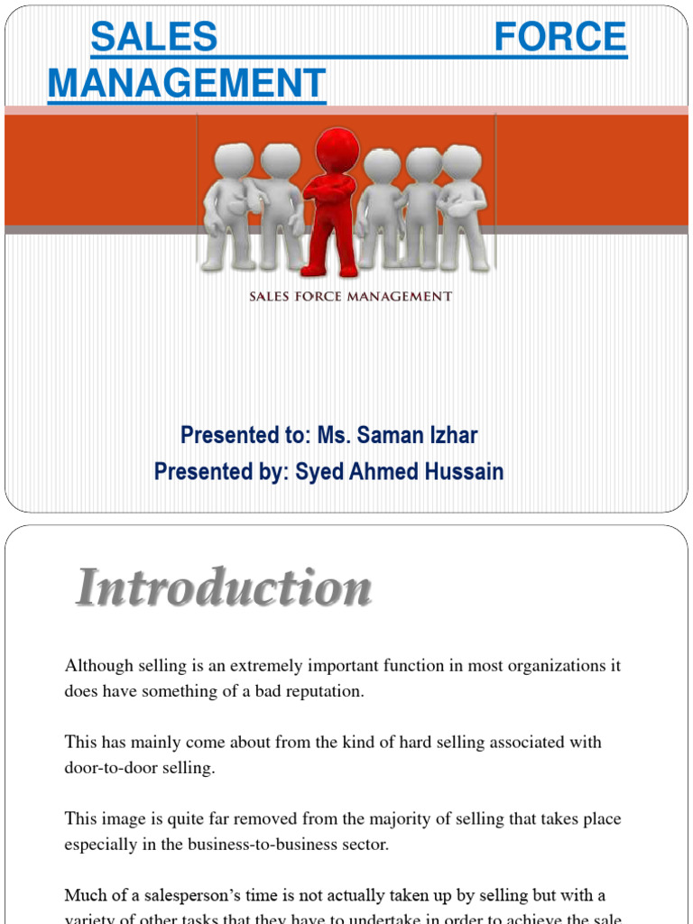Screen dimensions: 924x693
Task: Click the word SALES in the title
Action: [x=154, y=37]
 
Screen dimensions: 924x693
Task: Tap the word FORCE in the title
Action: [x=560, y=37]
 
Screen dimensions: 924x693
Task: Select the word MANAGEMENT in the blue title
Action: [x=186, y=84]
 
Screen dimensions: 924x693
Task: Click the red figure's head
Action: [x=337, y=149]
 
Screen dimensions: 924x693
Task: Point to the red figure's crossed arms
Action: [x=330, y=189]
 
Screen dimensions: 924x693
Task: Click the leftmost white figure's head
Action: [x=234, y=161]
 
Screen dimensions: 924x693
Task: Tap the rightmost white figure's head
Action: [x=461, y=162]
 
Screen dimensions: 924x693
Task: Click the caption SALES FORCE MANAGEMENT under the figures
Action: [x=351, y=296]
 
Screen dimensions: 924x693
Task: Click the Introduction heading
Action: [x=223, y=588]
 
